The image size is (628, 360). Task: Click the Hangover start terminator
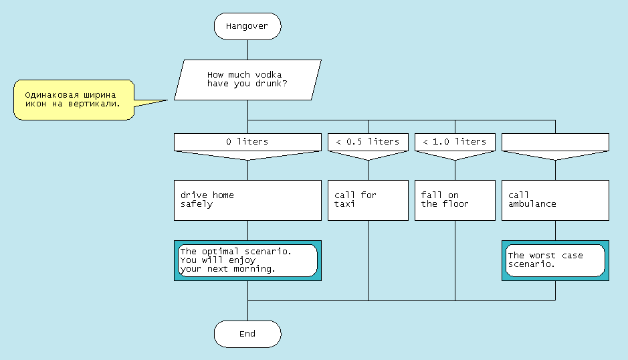click(x=247, y=26)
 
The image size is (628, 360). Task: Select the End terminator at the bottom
click(x=247, y=333)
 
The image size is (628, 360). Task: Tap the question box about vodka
click(x=247, y=80)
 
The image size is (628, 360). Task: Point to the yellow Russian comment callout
click(x=74, y=100)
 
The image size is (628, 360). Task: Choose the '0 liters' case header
click(x=247, y=142)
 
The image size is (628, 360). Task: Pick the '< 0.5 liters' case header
click(x=368, y=142)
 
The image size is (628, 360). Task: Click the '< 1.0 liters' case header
click(x=455, y=142)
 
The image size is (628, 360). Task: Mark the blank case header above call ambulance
click(x=555, y=142)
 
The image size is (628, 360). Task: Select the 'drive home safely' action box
click(x=247, y=199)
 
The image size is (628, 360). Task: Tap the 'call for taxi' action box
click(x=368, y=199)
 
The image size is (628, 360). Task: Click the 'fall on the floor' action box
click(x=455, y=199)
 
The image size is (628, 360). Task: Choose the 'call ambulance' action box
click(x=555, y=199)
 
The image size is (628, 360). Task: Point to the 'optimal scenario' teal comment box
click(x=247, y=260)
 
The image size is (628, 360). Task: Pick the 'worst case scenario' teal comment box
click(x=555, y=260)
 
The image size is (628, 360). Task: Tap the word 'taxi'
click(x=345, y=204)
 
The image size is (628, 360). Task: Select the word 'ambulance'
click(x=532, y=204)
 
